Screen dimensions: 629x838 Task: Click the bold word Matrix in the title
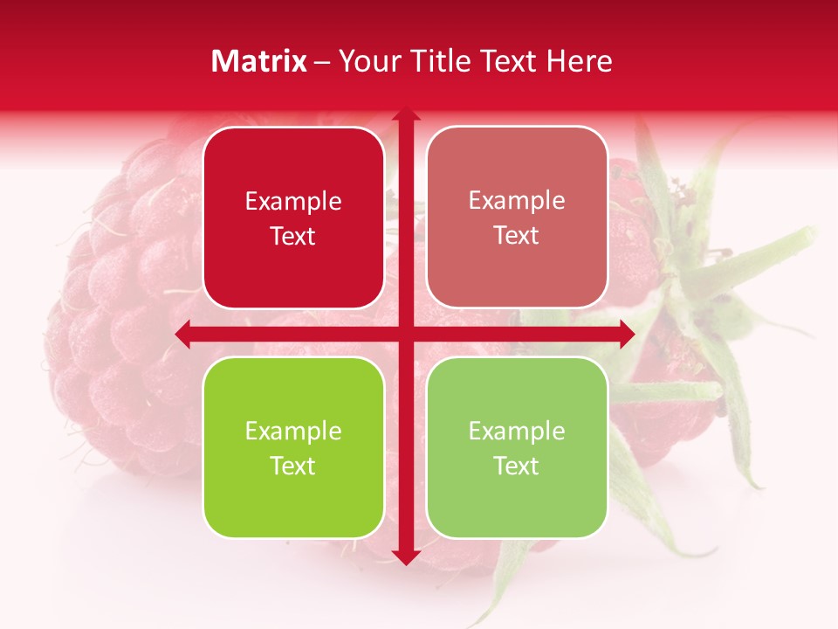tap(259, 61)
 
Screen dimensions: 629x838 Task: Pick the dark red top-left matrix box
tap(293, 218)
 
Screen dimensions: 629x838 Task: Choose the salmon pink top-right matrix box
tap(517, 218)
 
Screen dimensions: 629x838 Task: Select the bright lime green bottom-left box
tap(293, 447)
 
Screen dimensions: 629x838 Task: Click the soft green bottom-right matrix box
tap(517, 447)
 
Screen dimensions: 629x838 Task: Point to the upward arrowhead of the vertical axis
tap(405, 114)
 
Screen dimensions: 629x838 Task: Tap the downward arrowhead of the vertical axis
tap(405, 557)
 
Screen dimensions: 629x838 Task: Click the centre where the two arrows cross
tap(405, 335)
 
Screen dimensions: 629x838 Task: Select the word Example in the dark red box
tap(293, 202)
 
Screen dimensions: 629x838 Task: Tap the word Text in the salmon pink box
tap(517, 236)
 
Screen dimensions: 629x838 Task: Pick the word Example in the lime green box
tap(293, 432)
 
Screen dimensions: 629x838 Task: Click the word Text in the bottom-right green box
tap(517, 466)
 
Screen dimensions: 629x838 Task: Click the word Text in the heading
tap(507, 61)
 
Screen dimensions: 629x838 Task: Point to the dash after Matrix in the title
tap(322, 62)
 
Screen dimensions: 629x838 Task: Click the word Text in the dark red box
tap(293, 237)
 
